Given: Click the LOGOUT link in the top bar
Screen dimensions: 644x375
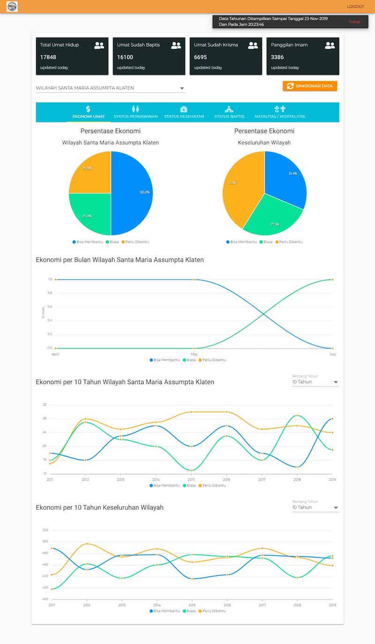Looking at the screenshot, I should pyautogui.click(x=355, y=7).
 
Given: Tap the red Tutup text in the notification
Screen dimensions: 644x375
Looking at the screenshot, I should pyautogui.click(x=354, y=22).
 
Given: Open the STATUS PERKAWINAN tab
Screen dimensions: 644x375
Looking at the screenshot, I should pyautogui.click(x=135, y=116).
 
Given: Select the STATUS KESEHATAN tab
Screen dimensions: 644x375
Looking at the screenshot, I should pyautogui.click(x=184, y=116).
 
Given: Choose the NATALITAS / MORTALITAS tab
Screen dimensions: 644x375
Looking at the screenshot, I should pyautogui.click(x=280, y=116).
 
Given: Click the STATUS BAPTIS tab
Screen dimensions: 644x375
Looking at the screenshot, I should pyautogui.click(x=229, y=116).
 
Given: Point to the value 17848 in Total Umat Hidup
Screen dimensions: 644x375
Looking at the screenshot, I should pyautogui.click(x=48, y=57).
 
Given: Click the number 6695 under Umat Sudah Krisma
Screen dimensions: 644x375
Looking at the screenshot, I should pyautogui.click(x=201, y=57).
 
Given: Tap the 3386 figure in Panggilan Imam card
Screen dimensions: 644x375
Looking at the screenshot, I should pyautogui.click(x=277, y=57).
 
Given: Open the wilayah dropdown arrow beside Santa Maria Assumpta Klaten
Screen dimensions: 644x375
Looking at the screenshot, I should pyautogui.click(x=182, y=88).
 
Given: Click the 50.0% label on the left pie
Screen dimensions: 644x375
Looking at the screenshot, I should pyautogui.click(x=144, y=192).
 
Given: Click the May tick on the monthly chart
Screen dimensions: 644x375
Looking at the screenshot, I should pyautogui.click(x=194, y=354).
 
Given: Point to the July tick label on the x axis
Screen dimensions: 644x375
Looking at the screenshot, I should pyautogui.click(x=333, y=354).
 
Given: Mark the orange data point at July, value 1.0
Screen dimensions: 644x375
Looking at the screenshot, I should pyautogui.click(x=333, y=280).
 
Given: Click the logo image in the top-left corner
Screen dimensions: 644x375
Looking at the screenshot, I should pyautogui.click(x=12, y=7).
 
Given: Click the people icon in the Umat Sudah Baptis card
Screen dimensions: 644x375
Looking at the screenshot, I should pyautogui.click(x=176, y=45).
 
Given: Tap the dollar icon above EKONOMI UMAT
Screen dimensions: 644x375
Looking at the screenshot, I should pyautogui.click(x=88, y=109).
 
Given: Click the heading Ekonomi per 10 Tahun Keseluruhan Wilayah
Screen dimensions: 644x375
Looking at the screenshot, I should pyautogui.click(x=100, y=508).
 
